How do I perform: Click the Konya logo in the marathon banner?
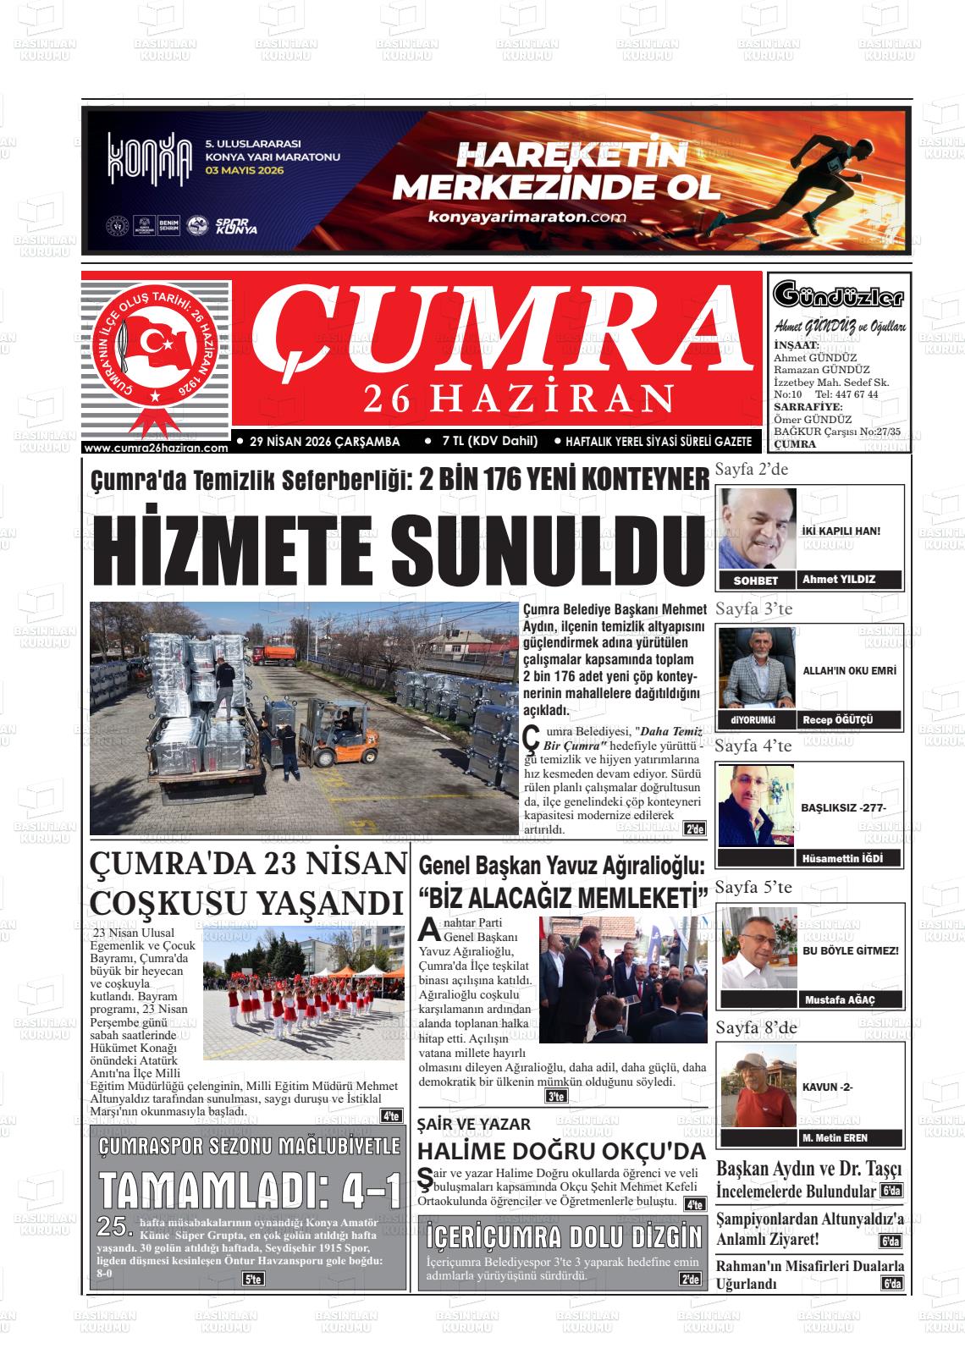149,158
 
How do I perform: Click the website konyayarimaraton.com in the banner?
527,217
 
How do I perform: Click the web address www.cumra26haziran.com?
157,449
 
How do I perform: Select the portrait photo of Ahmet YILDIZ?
758,528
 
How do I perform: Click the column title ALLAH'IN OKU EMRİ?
849,670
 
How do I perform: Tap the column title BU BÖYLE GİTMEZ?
851,950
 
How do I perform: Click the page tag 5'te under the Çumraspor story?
252,1279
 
